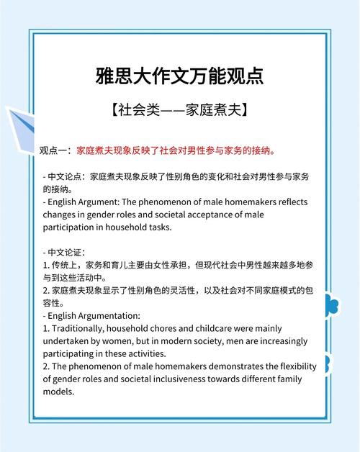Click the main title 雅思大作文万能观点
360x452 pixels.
tap(179, 75)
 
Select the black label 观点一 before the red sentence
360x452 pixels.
tap(55, 150)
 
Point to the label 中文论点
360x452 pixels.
tap(66, 176)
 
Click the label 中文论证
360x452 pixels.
tap(66, 253)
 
